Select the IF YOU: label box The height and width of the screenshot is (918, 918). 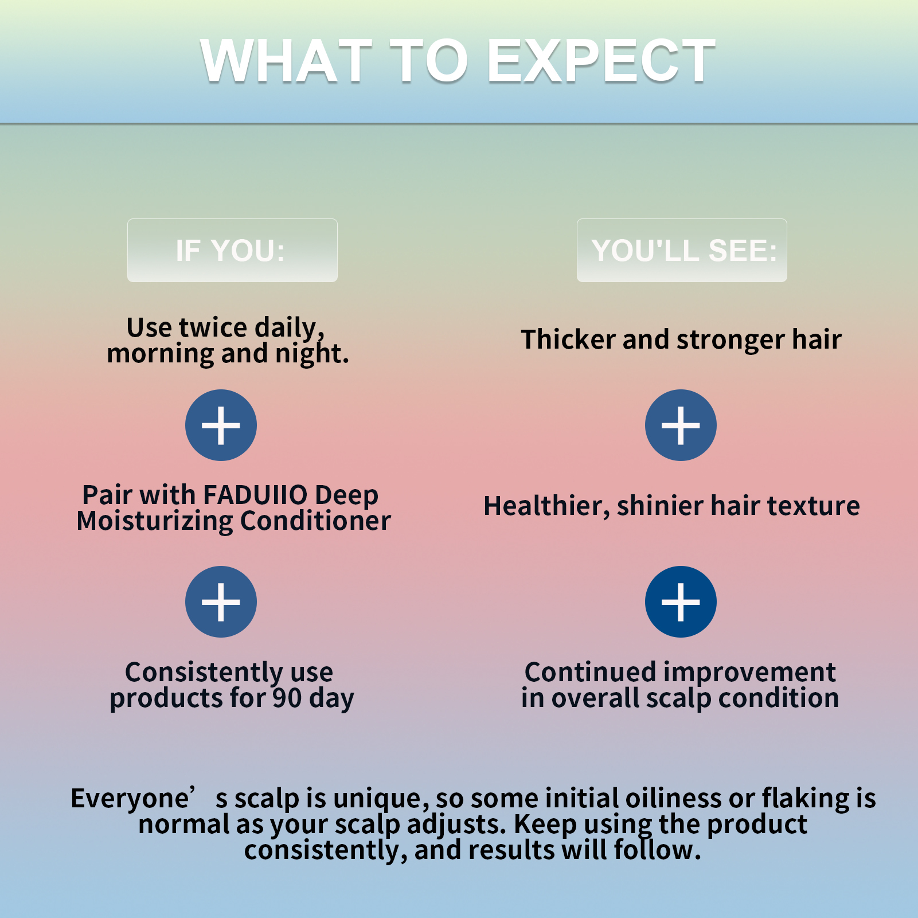(x=232, y=251)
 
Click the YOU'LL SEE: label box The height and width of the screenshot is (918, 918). (x=682, y=251)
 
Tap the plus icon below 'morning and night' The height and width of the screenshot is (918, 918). (x=221, y=425)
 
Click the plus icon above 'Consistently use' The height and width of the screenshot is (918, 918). (x=221, y=601)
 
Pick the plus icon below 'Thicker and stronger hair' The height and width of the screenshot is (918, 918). (x=681, y=425)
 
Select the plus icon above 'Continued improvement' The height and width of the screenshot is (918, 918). (x=681, y=601)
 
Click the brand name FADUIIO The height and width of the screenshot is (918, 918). (x=255, y=495)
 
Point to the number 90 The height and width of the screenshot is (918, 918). (x=287, y=698)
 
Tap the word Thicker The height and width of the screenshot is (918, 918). (x=567, y=339)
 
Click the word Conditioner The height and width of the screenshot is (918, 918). (x=315, y=521)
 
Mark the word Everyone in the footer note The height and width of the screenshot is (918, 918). (x=130, y=798)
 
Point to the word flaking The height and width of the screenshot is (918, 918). (x=806, y=798)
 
